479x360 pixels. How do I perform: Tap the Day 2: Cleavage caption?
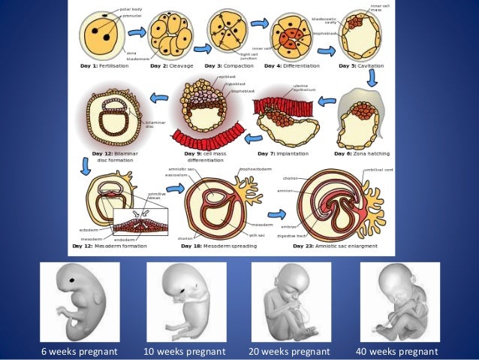pyautogui.click(x=172, y=66)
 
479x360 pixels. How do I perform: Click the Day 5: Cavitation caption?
pyautogui.click(x=361, y=66)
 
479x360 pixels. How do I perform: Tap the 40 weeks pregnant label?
pyautogui.click(x=396, y=351)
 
